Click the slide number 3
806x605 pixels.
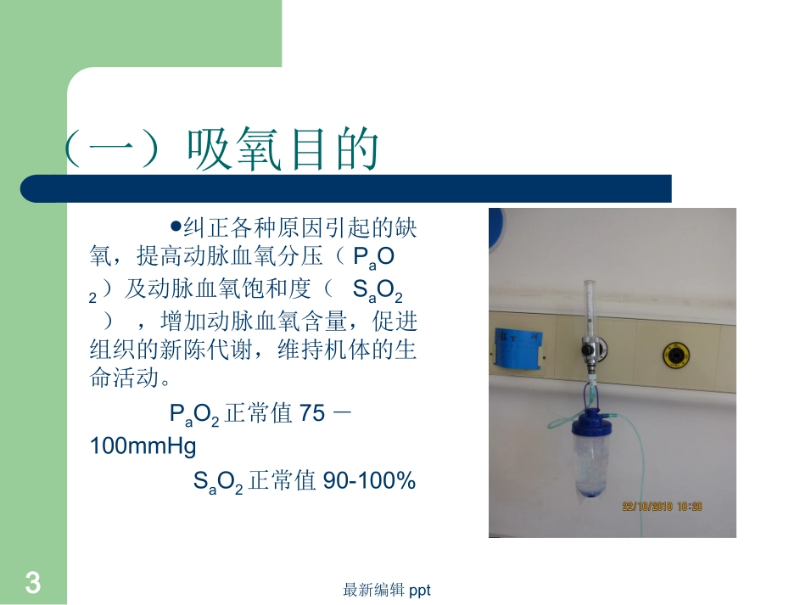(32, 584)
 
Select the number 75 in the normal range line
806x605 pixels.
(312, 413)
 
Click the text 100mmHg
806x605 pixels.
(143, 445)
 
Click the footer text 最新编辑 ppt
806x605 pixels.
(387, 590)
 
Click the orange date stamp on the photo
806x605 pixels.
(663, 507)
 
